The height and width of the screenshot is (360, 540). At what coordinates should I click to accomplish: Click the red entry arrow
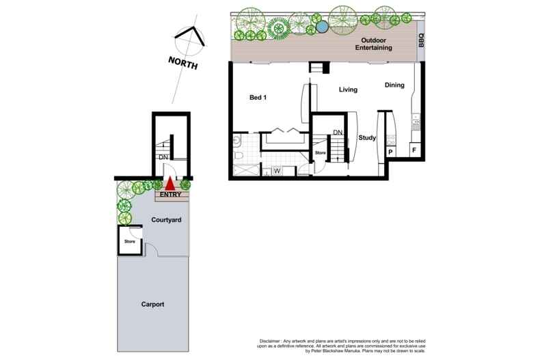point(170,184)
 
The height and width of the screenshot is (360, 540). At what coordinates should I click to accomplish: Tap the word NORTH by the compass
point(183,65)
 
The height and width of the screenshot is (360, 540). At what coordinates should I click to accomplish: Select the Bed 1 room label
point(258,98)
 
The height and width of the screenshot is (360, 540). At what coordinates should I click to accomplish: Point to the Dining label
point(394,85)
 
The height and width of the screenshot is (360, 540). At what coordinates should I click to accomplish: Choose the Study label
point(367,138)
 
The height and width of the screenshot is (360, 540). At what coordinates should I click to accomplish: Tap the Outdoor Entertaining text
point(373,44)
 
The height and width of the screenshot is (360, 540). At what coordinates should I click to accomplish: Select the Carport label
point(153,305)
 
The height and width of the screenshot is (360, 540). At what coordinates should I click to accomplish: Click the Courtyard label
point(166,221)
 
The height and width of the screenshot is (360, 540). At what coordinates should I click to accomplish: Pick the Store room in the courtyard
point(130,241)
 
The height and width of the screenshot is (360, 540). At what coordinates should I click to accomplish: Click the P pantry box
point(390,152)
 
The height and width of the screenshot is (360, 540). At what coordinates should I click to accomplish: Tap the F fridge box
point(412,150)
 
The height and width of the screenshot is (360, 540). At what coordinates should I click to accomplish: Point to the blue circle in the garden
point(321,27)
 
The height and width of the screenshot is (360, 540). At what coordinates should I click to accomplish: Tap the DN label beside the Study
point(338,133)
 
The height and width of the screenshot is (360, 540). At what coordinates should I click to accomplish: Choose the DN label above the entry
point(163,157)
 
